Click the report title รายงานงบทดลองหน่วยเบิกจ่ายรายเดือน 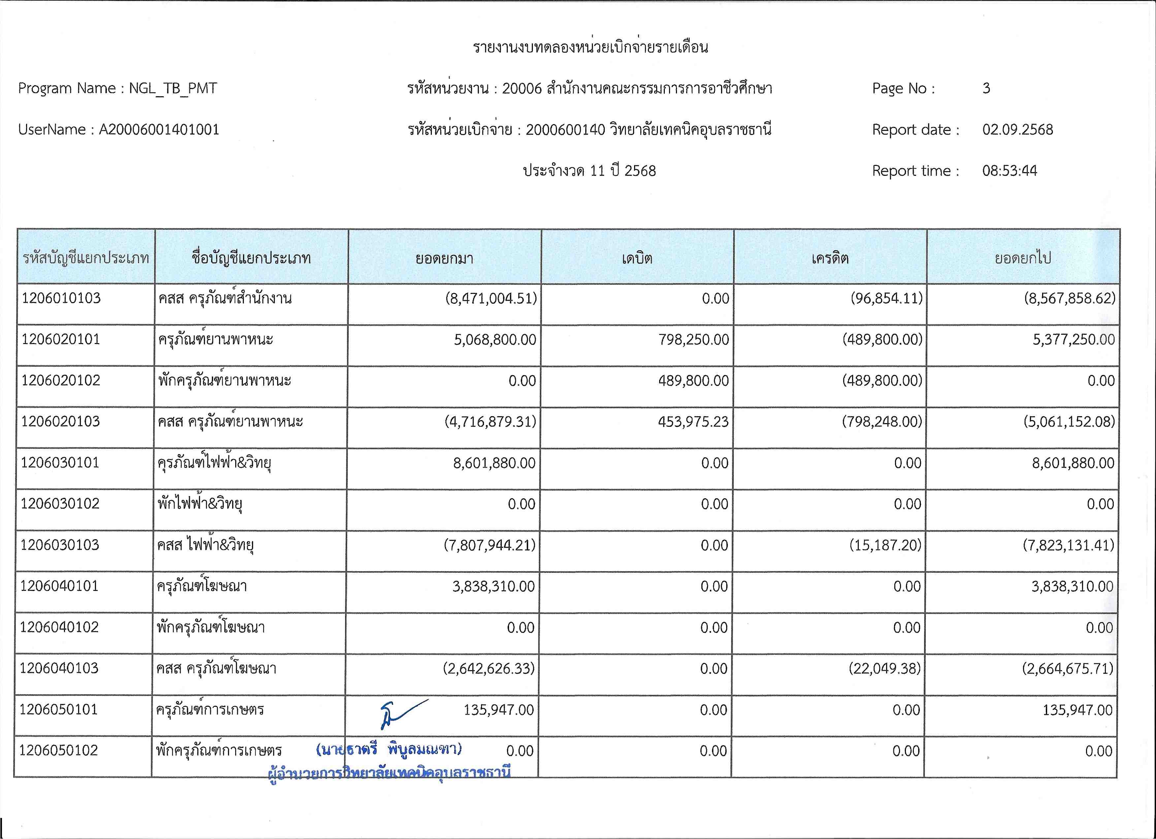click(x=590, y=47)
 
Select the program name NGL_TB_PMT click(x=173, y=88)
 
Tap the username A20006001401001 click(x=158, y=129)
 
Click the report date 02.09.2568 click(x=1017, y=129)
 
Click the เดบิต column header click(x=637, y=258)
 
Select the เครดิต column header click(x=830, y=258)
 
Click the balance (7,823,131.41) click(x=1068, y=545)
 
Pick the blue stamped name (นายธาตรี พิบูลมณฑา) click(x=389, y=749)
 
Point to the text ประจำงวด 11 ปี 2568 click(x=589, y=171)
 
